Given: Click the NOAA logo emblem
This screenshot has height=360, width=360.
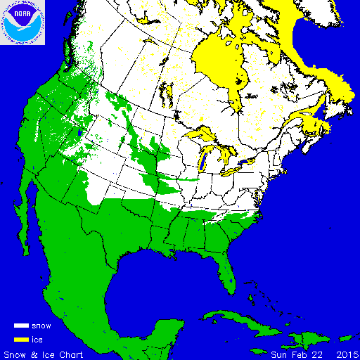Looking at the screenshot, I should tap(22, 22).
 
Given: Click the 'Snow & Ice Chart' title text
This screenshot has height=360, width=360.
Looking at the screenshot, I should tap(44, 353).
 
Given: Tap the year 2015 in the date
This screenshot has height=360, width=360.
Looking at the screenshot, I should tap(347, 353).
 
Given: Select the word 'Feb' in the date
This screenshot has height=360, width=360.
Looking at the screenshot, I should tap(293, 353).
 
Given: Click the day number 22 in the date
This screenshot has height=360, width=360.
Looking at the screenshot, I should tap(314, 353).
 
